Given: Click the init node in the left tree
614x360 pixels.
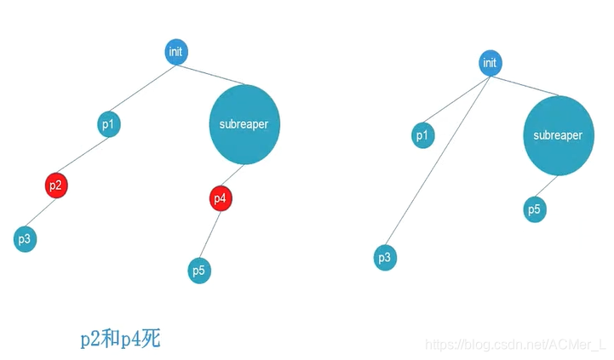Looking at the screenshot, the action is pos(176,52).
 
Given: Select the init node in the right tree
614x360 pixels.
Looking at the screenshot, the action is pos(490,63).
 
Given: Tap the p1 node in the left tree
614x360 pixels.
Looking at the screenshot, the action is pos(108,125).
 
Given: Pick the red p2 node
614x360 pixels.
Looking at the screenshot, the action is pos(55,185).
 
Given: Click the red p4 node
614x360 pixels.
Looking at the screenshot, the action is pos(221,198).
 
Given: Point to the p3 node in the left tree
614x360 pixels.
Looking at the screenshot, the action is pos(26,239).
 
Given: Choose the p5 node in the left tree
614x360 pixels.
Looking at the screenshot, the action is pos(199,271).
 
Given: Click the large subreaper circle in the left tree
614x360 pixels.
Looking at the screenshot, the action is pos(244,124).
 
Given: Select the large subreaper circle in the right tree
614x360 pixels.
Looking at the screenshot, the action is pos(558,135).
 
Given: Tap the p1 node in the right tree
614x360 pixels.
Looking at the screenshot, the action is pos(423,135).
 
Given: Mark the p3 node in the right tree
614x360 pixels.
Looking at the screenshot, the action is pos(385,256).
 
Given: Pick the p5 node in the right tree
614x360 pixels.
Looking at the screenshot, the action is pos(534,209).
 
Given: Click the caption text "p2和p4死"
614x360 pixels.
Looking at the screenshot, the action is pos(120,339).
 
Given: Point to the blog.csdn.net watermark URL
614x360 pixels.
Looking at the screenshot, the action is pos(514,345).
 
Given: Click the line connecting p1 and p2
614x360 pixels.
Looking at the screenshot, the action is pos(83,154).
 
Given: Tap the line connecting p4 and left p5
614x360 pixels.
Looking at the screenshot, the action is pos(210,234).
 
